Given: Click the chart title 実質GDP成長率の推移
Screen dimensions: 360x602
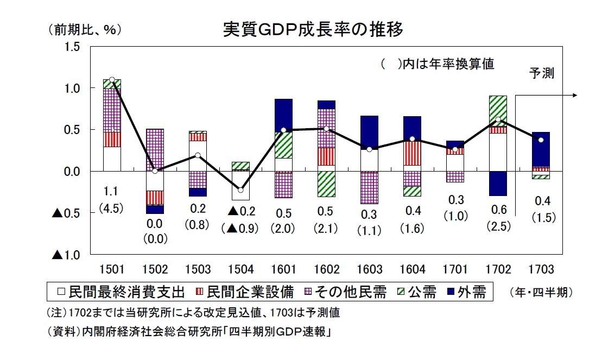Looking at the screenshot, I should point(313,29).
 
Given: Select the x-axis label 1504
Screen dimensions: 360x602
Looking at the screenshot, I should point(240,270).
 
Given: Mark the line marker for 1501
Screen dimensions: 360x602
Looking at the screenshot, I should point(112,80).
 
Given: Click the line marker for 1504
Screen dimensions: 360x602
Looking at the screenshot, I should point(240,190).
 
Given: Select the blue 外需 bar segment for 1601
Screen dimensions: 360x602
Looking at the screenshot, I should point(283,115).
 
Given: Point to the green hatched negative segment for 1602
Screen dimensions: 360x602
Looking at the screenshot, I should point(326,184).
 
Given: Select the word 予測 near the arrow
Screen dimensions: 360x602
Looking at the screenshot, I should point(542,74).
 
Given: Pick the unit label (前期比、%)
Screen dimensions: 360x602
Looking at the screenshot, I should point(84,30).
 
